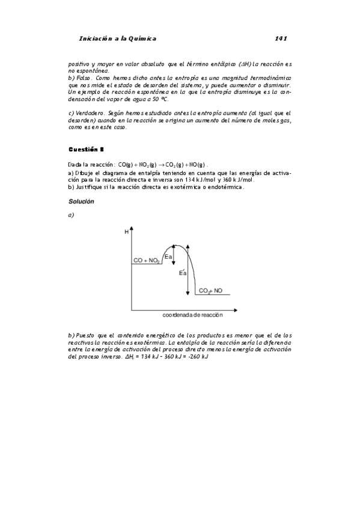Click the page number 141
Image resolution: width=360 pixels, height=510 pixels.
click(x=280, y=38)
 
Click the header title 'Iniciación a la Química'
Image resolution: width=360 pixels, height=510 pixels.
click(x=117, y=38)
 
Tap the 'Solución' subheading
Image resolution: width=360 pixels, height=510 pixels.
click(x=81, y=201)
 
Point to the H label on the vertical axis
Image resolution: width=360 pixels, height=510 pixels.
click(x=126, y=231)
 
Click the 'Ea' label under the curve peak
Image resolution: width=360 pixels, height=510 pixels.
click(x=169, y=257)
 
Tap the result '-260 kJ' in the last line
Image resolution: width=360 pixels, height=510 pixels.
click(x=197, y=357)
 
